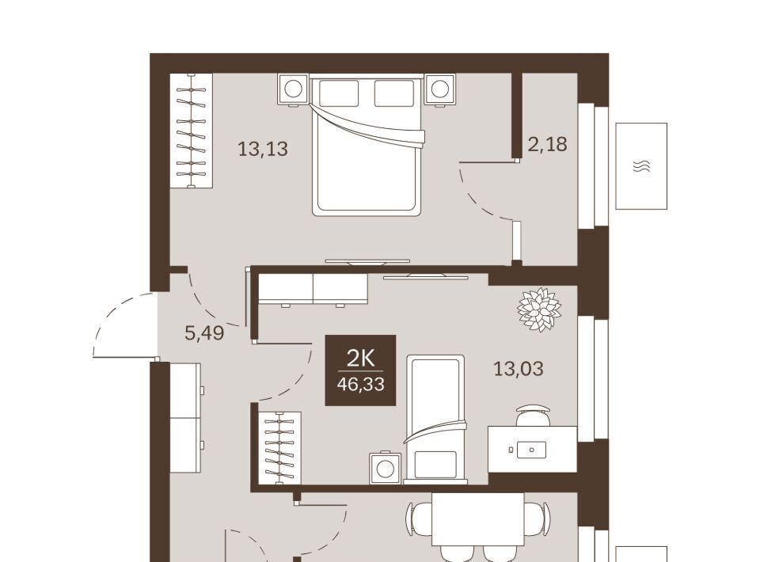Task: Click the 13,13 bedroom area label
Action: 263,149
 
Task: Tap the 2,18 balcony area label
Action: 547,144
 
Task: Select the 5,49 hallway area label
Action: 204,332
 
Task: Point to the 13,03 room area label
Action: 518,369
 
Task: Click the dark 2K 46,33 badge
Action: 360,370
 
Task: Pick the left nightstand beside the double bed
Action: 293,89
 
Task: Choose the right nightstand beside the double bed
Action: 439,89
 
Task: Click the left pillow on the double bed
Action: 339,93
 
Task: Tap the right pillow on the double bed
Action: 393,93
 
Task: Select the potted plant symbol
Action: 539,309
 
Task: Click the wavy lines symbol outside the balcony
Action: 641,166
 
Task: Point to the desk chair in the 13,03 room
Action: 533,416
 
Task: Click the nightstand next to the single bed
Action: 386,468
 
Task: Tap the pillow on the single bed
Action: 435,465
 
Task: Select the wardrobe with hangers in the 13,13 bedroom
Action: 192,130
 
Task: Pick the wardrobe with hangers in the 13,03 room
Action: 279,448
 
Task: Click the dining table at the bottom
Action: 478,519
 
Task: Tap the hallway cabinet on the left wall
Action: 185,418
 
